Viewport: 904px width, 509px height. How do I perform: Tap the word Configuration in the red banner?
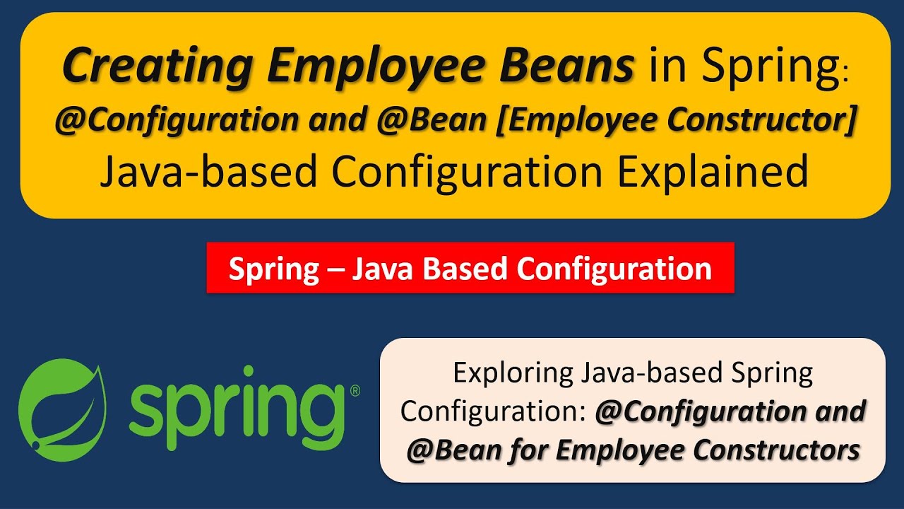coord(614,269)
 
